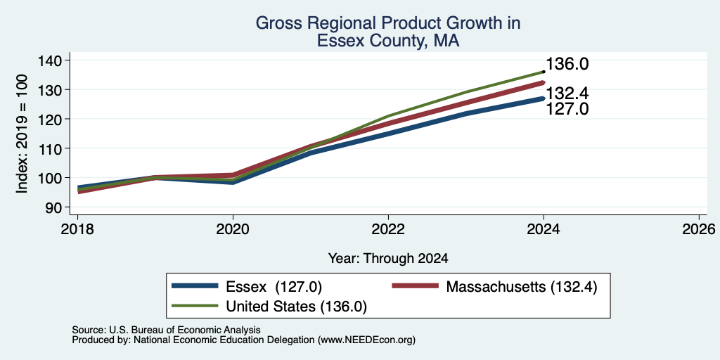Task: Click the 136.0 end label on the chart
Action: (567, 64)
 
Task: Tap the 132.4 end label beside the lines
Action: (567, 94)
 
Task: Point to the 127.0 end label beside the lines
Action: (567, 109)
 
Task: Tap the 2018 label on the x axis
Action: (77, 229)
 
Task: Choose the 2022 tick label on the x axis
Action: (388, 229)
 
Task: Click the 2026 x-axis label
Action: (700, 229)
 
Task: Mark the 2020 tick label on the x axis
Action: (233, 229)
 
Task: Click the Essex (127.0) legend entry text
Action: (274, 287)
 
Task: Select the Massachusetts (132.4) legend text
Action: (522, 287)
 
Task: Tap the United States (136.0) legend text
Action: (296, 307)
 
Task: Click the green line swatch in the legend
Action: (195, 305)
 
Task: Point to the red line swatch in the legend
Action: (415, 285)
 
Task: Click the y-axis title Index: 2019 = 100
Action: (22, 134)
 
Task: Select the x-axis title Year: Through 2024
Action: (388, 258)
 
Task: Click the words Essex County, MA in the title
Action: (388, 41)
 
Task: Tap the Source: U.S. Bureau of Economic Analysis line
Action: (166, 330)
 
